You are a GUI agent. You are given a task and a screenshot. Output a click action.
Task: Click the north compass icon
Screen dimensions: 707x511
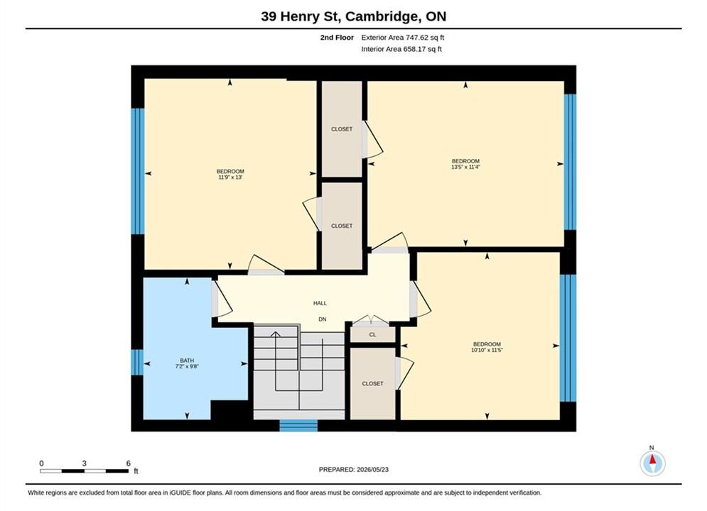pyautogui.click(x=652, y=463)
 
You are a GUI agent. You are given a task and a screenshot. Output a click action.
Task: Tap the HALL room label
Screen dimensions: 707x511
pyautogui.click(x=320, y=304)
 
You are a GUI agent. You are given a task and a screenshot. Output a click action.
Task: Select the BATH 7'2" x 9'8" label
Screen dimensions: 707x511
pyautogui.click(x=187, y=363)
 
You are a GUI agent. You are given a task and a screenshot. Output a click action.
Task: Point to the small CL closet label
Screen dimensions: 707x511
pyautogui.click(x=372, y=334)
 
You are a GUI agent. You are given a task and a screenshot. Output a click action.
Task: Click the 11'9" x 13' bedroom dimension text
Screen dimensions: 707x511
pyautogui.click(x=230, y=177)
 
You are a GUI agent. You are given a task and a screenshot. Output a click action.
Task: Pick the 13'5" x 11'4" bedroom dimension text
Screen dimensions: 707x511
pyautogui.click(x=466, y=167)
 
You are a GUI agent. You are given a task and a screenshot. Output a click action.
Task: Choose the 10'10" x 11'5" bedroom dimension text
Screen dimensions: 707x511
pyautogui.click(x=487, y=350)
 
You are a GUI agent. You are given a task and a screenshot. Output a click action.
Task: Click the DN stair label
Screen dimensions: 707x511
pyautogui.click(x=323, y=319)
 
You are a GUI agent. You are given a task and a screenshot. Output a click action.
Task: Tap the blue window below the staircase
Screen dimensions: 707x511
pyautogui.click(x=298, y=425)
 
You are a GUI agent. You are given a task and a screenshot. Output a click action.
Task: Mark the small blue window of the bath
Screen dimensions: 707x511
pyautogui.click(x=137, y=363)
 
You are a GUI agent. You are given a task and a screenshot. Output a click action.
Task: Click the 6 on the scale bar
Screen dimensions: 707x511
pyautogui.click(x=129, y=463)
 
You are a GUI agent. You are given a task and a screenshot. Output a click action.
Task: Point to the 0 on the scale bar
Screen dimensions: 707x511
pyautogui.click(x=41, y=463)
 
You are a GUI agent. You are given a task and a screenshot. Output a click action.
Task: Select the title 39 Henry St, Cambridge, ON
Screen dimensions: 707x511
pyautogui.click(x=354, y=16)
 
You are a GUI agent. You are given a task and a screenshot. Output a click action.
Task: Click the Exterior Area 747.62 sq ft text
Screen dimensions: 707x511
pyautogui.click(x=403, y=38)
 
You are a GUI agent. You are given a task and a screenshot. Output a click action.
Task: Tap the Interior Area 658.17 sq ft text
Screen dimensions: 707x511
pyautogui.click(x=401, y=49)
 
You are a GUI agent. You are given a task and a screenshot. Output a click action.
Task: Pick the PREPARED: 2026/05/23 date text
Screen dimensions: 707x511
pyautogui.click(x=354, y=470)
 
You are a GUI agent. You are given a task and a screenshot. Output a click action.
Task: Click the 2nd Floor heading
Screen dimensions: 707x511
pyautogui.click(x=337, y=38)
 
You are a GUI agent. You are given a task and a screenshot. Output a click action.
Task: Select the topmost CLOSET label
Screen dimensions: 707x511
pyautogui.click(x=342, y=129)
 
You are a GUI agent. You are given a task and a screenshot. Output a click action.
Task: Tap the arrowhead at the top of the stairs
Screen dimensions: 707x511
pyautogui.click(x=275, y=334)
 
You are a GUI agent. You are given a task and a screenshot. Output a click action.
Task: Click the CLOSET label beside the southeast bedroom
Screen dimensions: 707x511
pyautogui.click(x=372, y=384)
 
